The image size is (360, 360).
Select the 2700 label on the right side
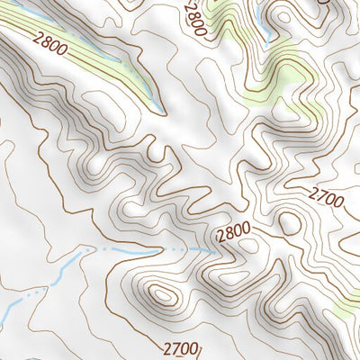click(x=326, y=197)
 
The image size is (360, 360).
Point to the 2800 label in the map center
click(x=233, y=232)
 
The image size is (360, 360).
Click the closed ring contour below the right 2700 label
click(x=290, y=221)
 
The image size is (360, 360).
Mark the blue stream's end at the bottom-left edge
click(x=4, y=310)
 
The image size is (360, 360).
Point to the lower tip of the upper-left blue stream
click(x=160, y=110)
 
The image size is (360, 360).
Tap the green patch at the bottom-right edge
click(x=346, y=309)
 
